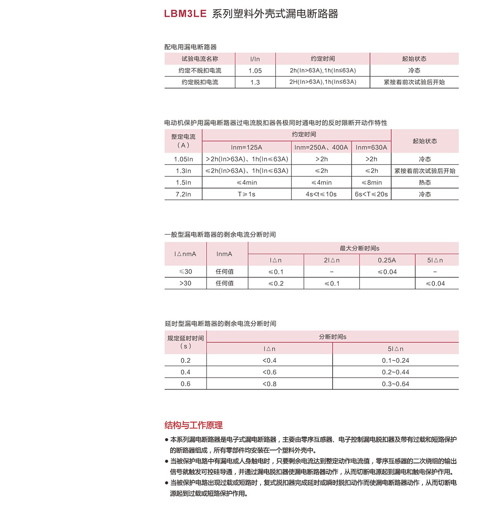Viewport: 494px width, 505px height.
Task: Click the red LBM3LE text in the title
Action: pyautogui.click(x=185, y=14)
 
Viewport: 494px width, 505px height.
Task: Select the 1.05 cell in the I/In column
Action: pyautogui.click(x=255, y=71)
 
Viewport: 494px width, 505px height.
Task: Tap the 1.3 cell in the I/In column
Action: pyautogui.click(x=255, y=82)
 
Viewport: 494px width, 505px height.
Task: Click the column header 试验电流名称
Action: pyautogui.click(x=199, y=59)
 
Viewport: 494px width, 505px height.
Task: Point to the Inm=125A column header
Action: pyautogui.click(x=246, y=147)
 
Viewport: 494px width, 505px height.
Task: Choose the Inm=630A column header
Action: pyautogui.click(x=371, y=147)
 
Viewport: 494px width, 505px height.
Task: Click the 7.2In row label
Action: pyautogui.click(x=183, y=194)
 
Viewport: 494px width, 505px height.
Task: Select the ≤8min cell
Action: pyautogui.click(x=371, y=183)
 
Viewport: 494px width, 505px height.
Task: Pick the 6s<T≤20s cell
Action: pyautogui.click(x=371, y=194)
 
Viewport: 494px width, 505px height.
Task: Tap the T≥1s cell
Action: pyautogui.click(x=246, y=194)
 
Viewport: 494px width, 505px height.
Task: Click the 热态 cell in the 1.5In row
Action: pyautogui.click(x=424, y=183)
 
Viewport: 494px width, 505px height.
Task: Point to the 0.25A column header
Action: pyautogui.click(x=387, y=260)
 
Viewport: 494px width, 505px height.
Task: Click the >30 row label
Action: pyautogui.click(x=185, y=283)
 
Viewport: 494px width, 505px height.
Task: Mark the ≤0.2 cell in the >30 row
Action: pyautogui.click(x=275, y=283)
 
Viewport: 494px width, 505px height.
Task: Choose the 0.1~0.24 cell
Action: pyautogui.click(x=395, y=361)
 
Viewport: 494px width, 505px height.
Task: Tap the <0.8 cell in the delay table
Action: pyautogui.click(x=269, y=384)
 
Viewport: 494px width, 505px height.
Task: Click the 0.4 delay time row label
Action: pyautogui.click(x=185, y=372)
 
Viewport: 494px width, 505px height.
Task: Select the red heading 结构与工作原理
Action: pyautogui.click(x=193, y=425)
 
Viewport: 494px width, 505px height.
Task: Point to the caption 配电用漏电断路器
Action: pyautogui.click(x=190, y=47)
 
